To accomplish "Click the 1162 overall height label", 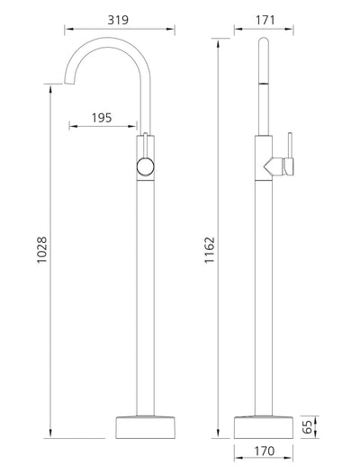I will (209, 251).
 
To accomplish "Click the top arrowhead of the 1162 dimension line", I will (219, 41).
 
